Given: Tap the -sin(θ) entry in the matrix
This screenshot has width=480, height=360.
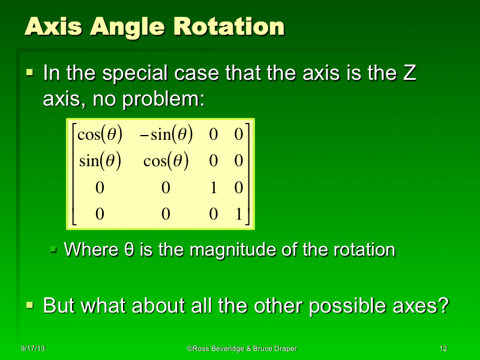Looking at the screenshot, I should point(167,135).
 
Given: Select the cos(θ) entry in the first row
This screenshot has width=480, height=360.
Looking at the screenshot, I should point(100,135).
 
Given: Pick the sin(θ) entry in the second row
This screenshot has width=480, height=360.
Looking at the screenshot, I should point(100,161).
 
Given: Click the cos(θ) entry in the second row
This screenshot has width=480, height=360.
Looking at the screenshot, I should point(166,161).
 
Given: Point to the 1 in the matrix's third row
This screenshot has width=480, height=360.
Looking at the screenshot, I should point(214,188).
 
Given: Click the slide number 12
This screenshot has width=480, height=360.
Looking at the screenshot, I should point(443,349).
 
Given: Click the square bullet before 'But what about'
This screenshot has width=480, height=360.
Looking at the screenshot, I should point(30,305).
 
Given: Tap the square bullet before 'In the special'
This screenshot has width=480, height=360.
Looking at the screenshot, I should point(30,74).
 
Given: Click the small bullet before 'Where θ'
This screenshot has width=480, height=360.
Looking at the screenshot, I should point(53,248).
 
